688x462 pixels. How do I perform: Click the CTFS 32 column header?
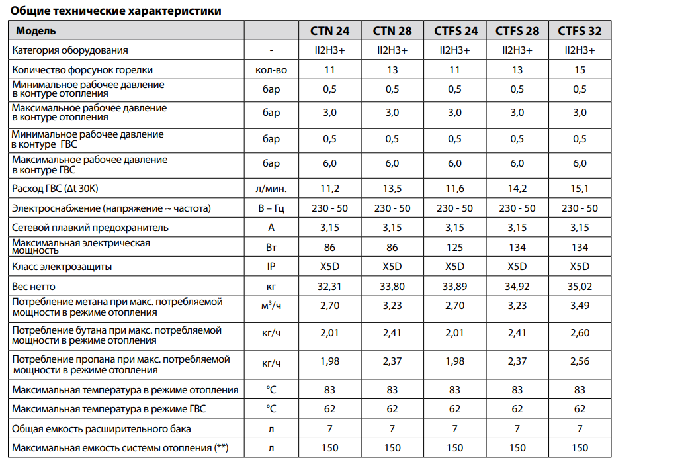point(580,31)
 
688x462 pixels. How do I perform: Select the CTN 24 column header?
point(329,31)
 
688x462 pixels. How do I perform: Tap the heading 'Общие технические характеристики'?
point(116,11)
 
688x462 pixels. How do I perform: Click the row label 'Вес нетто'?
point(34,287)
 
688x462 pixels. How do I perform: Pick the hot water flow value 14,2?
point(517,189)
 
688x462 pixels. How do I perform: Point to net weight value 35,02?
point(580,287)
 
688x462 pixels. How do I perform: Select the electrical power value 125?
point(454,248)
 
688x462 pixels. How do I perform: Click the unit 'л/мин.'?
point(271,189)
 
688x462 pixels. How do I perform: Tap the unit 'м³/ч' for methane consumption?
point(271,306)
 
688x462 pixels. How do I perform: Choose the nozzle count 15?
point(580,69)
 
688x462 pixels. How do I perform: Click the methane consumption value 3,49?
point(580,306)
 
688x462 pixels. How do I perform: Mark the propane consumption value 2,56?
point(580,361)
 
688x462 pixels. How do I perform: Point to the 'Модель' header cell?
point(36,31)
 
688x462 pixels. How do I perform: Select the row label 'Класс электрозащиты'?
point(62,267)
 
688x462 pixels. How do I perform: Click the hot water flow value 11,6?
point(454,189)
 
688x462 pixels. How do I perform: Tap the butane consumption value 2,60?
point(580,333)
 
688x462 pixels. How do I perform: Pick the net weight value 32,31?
point(329,287)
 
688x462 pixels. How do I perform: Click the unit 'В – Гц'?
point(271,208)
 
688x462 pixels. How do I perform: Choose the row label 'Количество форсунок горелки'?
point(83,70)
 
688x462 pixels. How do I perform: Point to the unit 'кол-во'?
point(271,70)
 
